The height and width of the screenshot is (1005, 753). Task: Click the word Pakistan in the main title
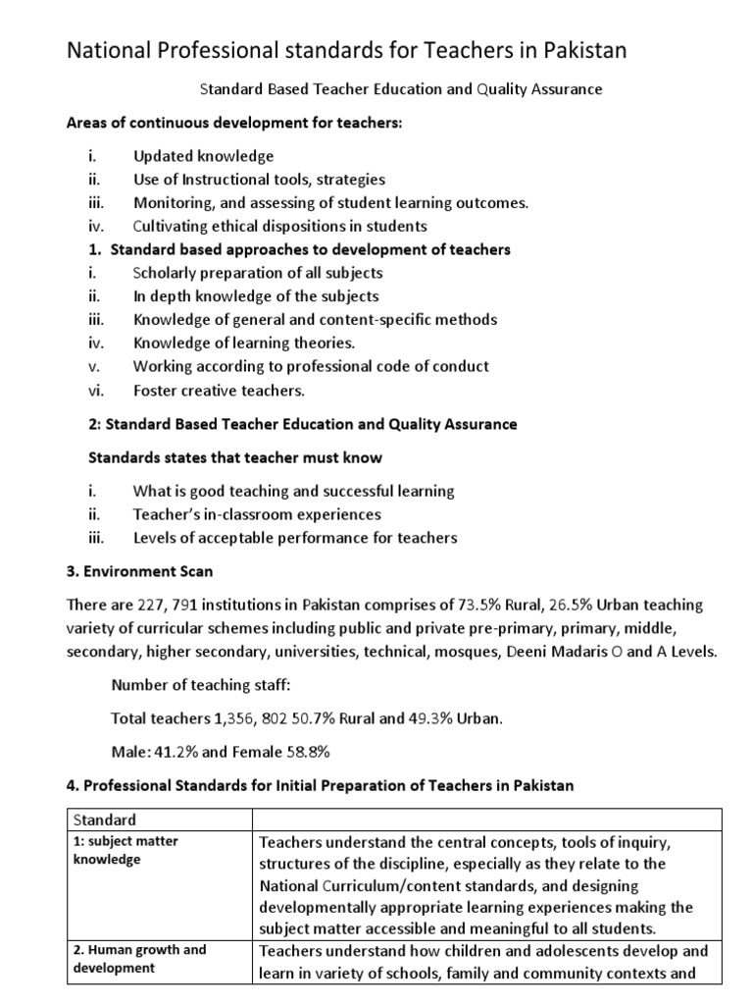pos(577,50)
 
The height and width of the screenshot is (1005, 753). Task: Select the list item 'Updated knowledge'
pos(203,156)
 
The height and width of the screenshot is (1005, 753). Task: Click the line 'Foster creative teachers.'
pos(220,390)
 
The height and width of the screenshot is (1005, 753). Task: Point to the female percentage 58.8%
pos(305,752)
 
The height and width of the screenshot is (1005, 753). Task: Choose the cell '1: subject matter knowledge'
pos(125,850)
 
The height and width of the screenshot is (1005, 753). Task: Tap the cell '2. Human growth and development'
pos(139,959)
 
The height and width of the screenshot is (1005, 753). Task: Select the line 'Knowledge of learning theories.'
pos(244,343)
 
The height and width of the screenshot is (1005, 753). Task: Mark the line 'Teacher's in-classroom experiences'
pos(257,514)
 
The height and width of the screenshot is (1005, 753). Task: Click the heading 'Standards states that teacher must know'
pos(235,457)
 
